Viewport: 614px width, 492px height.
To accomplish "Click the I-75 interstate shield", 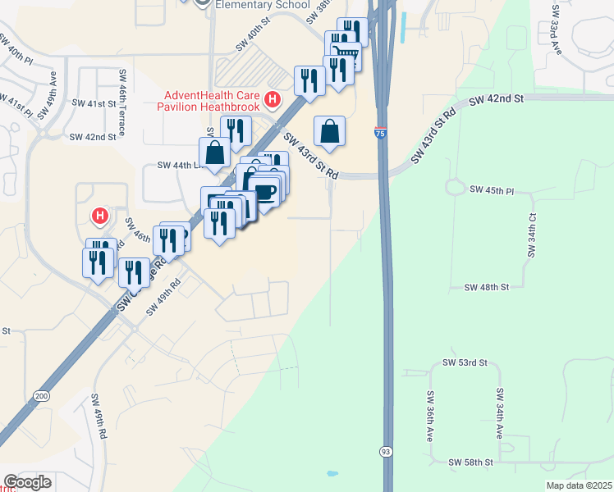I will click(382, 131).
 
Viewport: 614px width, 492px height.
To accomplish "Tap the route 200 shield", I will click(40, 396).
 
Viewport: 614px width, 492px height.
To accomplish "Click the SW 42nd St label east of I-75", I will click(496, 99).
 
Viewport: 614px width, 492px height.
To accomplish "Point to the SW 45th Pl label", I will click(492, 189).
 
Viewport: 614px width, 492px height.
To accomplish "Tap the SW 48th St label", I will click(487, 288).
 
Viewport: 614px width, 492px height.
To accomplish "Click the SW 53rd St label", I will click(465, 362).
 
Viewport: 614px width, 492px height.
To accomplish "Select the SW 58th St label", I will click(470, 462).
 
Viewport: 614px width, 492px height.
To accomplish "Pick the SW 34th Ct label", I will click(532, 235).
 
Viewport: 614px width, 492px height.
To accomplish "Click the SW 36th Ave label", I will click(429, 416).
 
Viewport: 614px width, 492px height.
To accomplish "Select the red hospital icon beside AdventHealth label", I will click(273, 102).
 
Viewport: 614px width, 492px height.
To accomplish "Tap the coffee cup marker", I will click(264, 191).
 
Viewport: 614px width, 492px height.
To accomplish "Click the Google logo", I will click(27, 482).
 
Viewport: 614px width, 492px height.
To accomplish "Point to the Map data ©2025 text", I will click(579, 485).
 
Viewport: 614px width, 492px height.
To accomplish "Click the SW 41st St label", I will click(94, 103).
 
